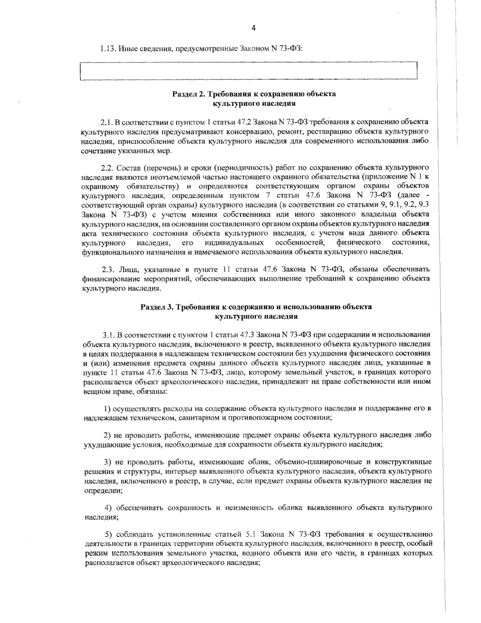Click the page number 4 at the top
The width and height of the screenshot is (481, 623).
click(x=253, y=28)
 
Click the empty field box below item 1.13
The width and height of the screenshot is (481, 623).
click(x=249, y=72)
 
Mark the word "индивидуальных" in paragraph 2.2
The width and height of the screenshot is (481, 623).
click(x=234, y=243)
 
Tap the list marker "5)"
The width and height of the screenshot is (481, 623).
click(x=109, y=534)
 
